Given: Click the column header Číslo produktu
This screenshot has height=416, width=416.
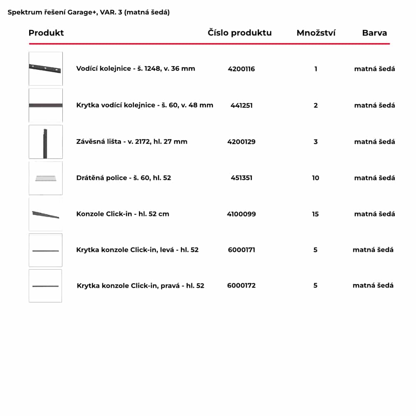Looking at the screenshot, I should tap(240, 33).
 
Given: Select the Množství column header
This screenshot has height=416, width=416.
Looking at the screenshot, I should tap(316, 33).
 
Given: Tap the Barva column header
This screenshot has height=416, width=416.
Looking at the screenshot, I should tap(374, 33).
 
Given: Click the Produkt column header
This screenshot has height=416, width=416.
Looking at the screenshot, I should tap(46, 33).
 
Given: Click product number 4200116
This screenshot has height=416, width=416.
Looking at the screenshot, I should tap(241, 69).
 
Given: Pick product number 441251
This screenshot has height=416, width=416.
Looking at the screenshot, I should tap(241, 105).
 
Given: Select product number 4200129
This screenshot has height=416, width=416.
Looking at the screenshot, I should tap(241, 141).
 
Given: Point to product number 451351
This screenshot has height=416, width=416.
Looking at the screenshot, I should tap(241, 178).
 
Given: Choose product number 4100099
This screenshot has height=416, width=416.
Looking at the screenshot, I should tap(241, 214).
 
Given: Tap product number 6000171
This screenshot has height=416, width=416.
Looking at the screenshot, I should tap(241, 250).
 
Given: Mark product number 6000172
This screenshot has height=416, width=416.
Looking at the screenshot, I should tap(241, 285).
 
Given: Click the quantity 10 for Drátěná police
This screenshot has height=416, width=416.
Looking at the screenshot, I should tap(315, 178).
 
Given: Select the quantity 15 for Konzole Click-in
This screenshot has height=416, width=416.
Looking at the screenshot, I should tap(315, 214).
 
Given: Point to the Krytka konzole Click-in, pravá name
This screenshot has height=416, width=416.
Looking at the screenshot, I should tap(141, 286).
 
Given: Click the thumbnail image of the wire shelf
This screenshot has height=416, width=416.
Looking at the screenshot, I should tap(46, 178).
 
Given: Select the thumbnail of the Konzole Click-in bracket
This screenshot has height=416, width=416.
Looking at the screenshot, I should tap(46, 214).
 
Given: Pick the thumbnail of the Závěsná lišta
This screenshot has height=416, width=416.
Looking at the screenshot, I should tap(46, 142).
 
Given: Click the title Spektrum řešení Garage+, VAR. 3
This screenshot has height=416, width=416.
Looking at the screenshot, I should tap(89, 12).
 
